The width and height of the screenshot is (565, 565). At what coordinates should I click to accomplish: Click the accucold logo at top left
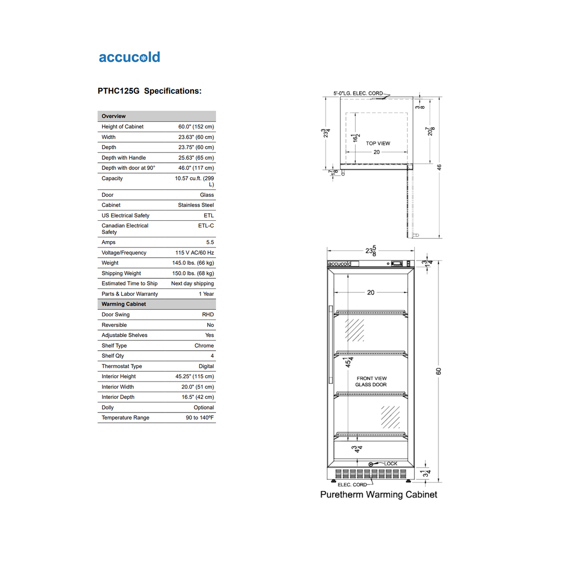[129, 57]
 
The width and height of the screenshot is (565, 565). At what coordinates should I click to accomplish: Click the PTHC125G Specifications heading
[149, 91]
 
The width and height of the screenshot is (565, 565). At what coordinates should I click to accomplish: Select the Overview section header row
[156, 116]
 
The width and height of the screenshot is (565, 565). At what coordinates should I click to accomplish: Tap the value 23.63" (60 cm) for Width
[196, 137]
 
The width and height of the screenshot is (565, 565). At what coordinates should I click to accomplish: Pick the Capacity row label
[112, 178]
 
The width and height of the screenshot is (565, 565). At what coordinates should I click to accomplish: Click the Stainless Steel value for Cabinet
[196, 205]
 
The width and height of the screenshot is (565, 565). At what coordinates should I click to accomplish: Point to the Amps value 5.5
[210, 242]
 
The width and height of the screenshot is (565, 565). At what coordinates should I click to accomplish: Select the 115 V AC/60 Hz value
[194, 253]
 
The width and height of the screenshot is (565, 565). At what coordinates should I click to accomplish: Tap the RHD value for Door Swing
[208, 315]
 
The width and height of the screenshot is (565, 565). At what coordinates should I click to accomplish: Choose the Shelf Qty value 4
[212, 356]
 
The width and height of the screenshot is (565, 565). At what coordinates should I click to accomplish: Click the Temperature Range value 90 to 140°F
[200, 418]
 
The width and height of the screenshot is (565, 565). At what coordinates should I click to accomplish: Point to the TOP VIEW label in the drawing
[378, 144]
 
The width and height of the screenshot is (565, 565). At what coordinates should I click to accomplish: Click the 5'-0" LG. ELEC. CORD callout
[358, 93]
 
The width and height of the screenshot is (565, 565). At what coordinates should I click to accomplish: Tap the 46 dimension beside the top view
[439, 167]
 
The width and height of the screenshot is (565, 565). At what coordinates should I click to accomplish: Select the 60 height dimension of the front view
[439, 371]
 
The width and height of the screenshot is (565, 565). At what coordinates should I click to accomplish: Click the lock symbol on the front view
[371, 464]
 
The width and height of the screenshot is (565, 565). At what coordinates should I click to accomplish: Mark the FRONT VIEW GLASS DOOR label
[371, 381]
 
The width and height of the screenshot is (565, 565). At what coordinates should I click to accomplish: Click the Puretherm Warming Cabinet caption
[379, 494]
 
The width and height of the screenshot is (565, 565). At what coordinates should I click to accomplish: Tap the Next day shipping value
[192, 283]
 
